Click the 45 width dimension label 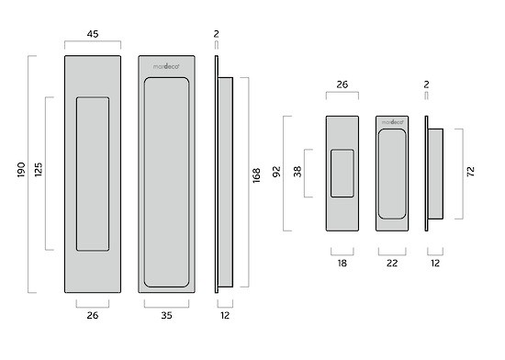point(93,34)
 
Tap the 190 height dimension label point(21,170)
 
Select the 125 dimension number point(39,170)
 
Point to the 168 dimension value point(256,175)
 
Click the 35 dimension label point(166,315)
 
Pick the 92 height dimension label point(276,172)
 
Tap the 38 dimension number point(297,172)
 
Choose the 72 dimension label point(470,172)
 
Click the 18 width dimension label point(342,264)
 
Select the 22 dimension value point(392,264)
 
